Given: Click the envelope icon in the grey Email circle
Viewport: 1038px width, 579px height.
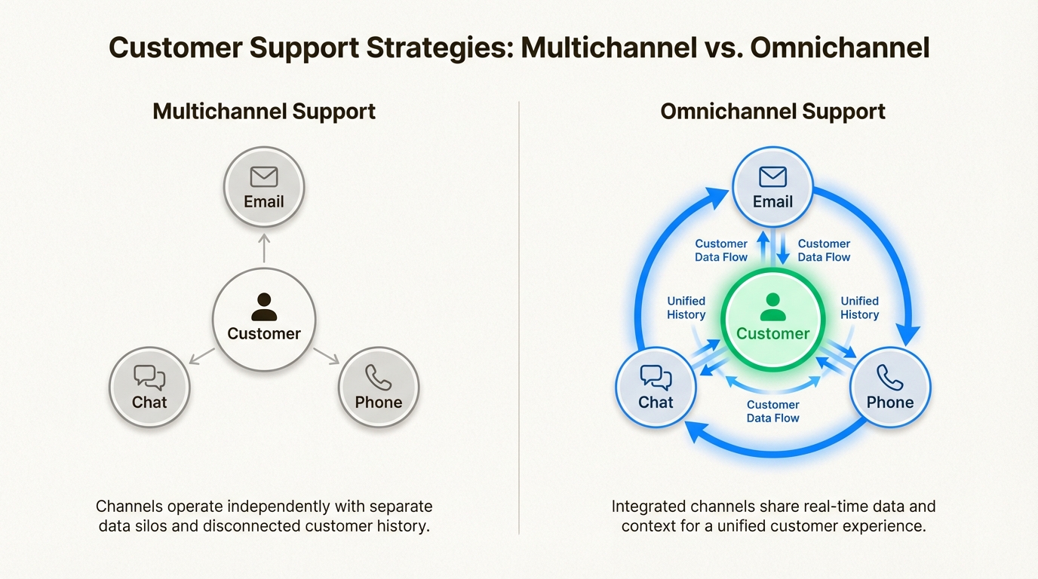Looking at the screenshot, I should [x=264, y=176].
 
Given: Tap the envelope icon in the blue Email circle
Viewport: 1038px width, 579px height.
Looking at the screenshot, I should [x=772, y=176].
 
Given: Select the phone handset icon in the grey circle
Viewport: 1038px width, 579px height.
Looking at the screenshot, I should [x=378, y=377].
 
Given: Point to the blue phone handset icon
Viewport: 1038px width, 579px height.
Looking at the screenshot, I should [x=889, y=377].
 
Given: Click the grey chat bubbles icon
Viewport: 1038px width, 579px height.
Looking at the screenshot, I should [x=149, y=377].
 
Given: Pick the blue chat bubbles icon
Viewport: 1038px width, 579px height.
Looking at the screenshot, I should [x=656, y=377].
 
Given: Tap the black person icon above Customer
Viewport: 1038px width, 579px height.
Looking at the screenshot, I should [x=264, y=307].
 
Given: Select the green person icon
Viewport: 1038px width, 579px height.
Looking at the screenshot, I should [x=772, y=307].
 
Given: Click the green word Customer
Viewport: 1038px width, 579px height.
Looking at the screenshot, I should [x=772, y=333].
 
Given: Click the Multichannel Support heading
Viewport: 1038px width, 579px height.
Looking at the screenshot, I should [x=264, y=112].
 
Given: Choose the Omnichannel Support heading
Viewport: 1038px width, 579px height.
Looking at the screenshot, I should [x=772, y=112].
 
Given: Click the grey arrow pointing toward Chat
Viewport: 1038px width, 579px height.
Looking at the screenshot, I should [x=201, y=357].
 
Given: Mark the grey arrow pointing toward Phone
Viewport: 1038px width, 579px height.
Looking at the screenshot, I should [x=327, y=356].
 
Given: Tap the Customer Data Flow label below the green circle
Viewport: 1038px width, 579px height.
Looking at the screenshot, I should [x=772, y=412].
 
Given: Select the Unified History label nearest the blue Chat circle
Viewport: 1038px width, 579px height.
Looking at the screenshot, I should [x=686, y=308].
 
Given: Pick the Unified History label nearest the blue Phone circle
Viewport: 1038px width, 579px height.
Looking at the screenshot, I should [x=860, y=308].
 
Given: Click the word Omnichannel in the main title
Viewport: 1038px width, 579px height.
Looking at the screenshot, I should [x=840, y=47].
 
